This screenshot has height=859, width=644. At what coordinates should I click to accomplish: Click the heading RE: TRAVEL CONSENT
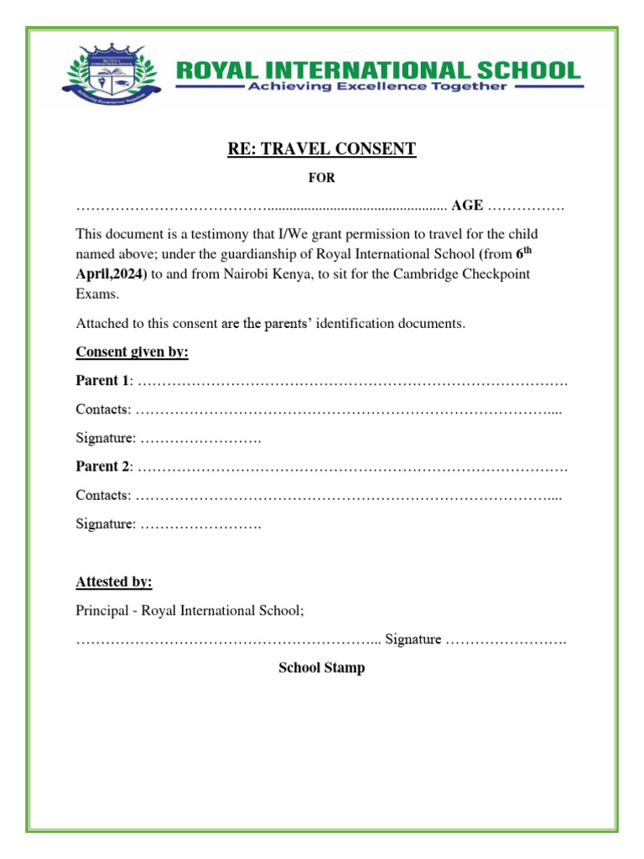[322, 149]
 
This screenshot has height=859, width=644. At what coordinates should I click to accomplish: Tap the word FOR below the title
[322, 178]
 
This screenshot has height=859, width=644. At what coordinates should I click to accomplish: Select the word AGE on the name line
[467, 206]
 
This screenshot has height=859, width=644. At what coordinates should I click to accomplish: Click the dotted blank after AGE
[526, 206]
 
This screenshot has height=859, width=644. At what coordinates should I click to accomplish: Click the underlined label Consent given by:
[132, 351]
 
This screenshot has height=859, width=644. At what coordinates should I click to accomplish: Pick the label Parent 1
[102, 381]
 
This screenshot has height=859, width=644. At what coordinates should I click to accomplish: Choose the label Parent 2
[102, 466]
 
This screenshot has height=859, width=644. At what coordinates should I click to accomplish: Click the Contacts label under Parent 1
[103, 409]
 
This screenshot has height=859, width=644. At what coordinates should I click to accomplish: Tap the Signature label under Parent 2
[106, 523]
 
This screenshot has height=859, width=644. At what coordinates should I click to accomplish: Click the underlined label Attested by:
[114, 582]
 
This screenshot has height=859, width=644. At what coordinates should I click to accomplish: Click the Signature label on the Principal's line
[413, 640]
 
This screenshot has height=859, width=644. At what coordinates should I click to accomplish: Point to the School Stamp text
[322, 669]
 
